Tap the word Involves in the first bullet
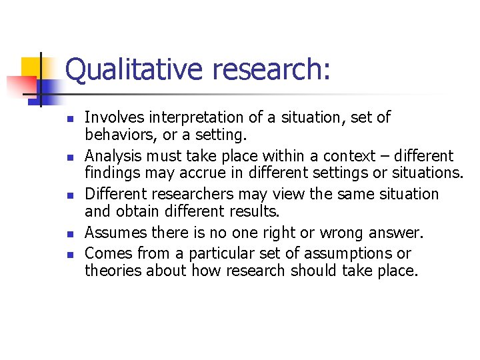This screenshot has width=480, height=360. pyautogui.click(x=108, y=118)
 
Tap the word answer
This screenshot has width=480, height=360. pyautogui.click(x=397, y=233)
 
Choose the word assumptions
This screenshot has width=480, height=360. pyautogui.click(x=355, y=254)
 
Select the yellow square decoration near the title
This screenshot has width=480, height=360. pyautogui.click(x=31, y=67)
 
